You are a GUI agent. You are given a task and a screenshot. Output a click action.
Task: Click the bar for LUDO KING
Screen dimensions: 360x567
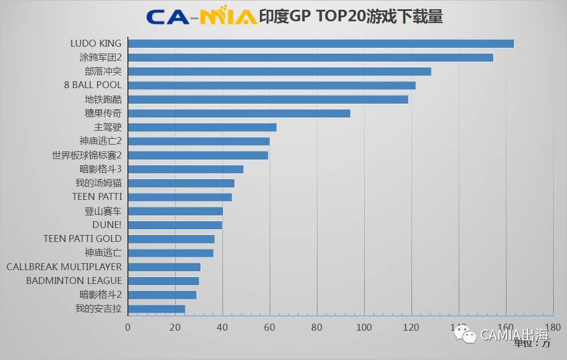point(320,44)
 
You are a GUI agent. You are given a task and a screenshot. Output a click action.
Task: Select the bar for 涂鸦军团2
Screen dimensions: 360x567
point(310,58)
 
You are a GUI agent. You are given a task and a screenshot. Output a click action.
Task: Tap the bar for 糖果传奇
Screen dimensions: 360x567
point(239,113)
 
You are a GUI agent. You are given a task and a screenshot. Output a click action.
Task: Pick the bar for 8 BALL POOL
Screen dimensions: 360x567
point(271,85)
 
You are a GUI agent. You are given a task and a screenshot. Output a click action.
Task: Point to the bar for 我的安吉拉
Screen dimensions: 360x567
point(156,309)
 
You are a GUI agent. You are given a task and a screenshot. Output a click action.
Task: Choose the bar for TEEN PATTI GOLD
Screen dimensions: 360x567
point(171,239)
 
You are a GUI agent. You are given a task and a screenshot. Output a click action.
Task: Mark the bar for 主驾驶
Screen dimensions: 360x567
point(202,127)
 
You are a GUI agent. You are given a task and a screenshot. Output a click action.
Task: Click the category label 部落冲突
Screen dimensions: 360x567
point(103,71)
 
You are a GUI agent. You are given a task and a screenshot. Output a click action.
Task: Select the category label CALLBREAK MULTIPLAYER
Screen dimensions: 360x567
point(64,267)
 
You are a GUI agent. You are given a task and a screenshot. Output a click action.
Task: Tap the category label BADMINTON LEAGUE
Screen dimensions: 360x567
point(74,281)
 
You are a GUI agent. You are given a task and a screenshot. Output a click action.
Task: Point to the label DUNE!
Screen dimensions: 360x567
point(107,225)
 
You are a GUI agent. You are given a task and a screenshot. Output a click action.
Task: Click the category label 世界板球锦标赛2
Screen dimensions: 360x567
point(86,155)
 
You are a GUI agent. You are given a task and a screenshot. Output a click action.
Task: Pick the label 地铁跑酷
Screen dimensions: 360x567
point(103,99)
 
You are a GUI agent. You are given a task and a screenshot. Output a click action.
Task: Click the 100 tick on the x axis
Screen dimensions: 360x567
point(364,327)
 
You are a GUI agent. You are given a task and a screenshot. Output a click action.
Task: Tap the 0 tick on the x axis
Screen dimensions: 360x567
point(128,327)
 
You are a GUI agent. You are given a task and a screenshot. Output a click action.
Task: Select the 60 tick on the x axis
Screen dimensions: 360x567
point(270,327)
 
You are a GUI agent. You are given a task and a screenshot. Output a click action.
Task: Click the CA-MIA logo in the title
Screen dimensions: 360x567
point(202,16)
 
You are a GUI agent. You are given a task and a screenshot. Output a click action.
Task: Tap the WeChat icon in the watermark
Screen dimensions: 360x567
point(464,334)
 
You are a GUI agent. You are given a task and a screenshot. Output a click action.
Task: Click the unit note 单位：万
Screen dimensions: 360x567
point(532,343)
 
